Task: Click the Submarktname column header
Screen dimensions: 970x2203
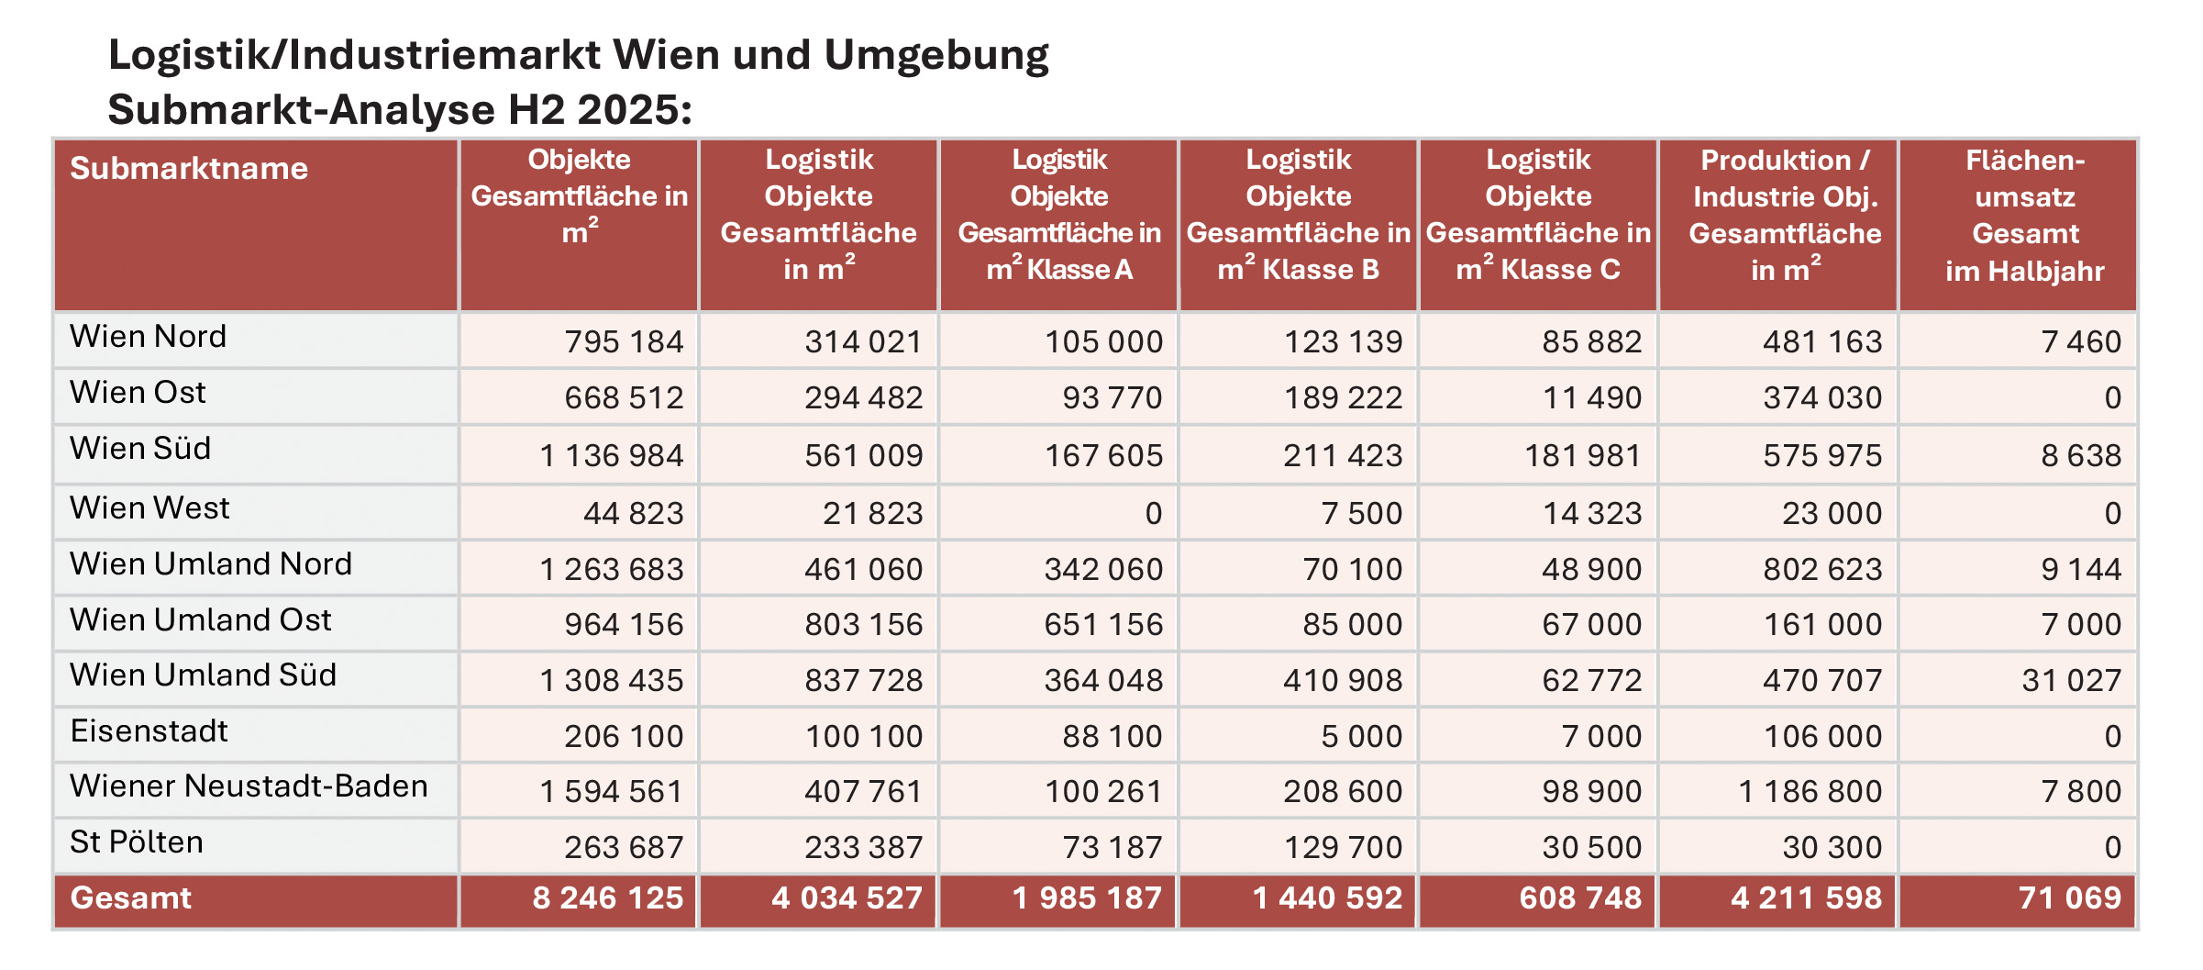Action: [x=189, y=169]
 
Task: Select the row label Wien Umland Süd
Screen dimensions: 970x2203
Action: [x=204, y=675]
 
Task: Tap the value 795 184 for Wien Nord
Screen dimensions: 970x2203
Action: [x=624, y=342]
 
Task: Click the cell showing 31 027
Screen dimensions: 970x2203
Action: [x=2071, y=681]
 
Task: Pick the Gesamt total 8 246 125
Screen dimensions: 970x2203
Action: [x=607, y=898]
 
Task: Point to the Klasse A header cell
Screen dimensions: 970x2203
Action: [x=1059, y=216]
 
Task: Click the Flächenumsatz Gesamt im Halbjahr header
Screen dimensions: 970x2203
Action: [x=2024, y=216]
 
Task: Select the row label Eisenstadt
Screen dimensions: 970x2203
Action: [x=149, y=731]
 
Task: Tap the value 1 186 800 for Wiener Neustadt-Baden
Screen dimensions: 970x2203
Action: [x=1810, y=792]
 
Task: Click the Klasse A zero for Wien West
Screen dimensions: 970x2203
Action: [x=1153, y=514]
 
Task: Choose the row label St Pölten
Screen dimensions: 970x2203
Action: [x=137, y=842]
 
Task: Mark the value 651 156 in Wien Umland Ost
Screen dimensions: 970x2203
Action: [x=1103, y=625]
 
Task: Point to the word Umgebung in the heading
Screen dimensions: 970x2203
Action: [x=935, y=55]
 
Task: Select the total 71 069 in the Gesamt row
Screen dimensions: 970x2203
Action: [x=2069, y=898]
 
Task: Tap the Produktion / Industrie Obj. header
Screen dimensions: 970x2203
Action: [x=1785, y=216]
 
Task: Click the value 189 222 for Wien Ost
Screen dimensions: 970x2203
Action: [x=1343, y=398]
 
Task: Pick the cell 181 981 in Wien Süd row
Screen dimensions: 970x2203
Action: [x=1582, y=456]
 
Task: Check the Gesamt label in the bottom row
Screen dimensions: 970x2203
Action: [x=131, y=898]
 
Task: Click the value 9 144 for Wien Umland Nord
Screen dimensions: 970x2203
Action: [x=2080, y=570]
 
